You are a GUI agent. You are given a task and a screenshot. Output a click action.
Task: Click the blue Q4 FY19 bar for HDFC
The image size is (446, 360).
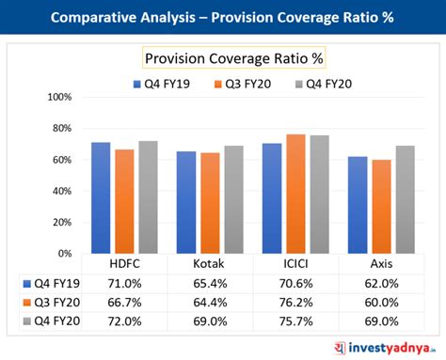click(101, 197)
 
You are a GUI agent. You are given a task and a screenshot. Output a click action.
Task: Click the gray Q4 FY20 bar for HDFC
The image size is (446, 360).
click(148, 196)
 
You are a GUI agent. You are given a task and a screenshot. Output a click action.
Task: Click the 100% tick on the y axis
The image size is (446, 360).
click(58, 98)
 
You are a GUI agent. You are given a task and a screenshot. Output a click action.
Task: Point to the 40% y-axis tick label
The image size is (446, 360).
click(61, 191)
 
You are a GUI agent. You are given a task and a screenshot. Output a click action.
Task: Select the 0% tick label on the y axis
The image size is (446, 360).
click(64, 253)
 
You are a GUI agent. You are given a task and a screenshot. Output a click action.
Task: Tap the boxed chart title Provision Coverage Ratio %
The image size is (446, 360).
click(233, 59)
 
